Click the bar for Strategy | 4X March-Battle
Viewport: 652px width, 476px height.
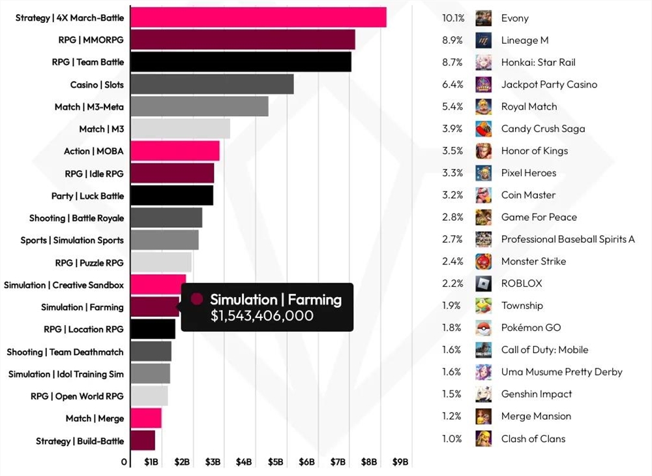tap(258, 18)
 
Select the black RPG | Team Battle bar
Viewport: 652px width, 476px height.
tap(241, 62)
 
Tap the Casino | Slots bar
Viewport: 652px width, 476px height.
tap(212, 84)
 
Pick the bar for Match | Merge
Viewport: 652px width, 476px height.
tap(145, 418)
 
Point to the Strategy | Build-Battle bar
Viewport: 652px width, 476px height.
tap(142, 441)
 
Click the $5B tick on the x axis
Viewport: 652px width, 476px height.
tap(275, 462)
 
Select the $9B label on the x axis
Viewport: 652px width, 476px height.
tap(400, 462)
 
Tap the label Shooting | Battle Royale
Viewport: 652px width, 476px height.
tap(76, 218)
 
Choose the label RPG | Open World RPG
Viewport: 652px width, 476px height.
tap(77, 396)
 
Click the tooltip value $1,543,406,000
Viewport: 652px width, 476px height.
tap(261, 316)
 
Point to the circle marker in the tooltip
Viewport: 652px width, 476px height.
tap(196, 300)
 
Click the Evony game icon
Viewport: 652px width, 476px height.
tap(483, 18)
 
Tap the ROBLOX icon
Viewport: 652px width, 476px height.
tap(483, 283)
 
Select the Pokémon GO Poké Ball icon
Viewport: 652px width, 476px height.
tap(483, 328)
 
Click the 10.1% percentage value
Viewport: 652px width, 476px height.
tap(452, 18)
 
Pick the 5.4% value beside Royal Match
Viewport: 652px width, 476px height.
tap(452, 106)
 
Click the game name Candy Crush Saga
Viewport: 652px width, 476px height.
tap(543, 129)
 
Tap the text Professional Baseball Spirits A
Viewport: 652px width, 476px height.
tap(568, 240)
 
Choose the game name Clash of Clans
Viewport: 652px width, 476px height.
tap(533, 439)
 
